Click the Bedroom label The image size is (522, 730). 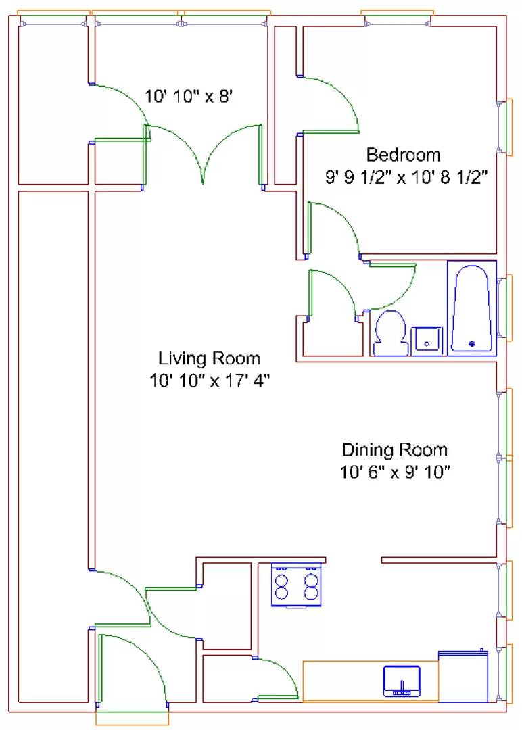(x=403, y=155)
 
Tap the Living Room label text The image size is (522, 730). (x=209, y=358)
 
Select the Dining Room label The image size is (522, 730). (x=395, y=449)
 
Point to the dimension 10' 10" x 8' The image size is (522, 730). (x=188, y=97)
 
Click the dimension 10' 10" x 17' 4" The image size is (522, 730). (x=210, y=381)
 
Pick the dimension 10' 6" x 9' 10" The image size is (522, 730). (x=395, y=472)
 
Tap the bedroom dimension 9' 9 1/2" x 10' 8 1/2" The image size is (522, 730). (x=406, y=177)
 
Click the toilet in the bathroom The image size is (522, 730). (x=391, y=333)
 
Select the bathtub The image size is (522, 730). (x=472, y=308)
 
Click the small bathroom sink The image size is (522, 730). (x=427, y=341)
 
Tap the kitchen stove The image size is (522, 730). (x=297, y=585)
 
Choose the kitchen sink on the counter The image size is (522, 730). (x=402, y=681)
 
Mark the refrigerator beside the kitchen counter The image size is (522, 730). (x=463, y=676)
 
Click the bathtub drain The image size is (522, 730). (x=472, y=344)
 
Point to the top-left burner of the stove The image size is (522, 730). (x=281, y=581)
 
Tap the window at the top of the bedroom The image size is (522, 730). (x=398, y=19)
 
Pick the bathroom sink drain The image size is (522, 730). (x=427, y=345)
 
